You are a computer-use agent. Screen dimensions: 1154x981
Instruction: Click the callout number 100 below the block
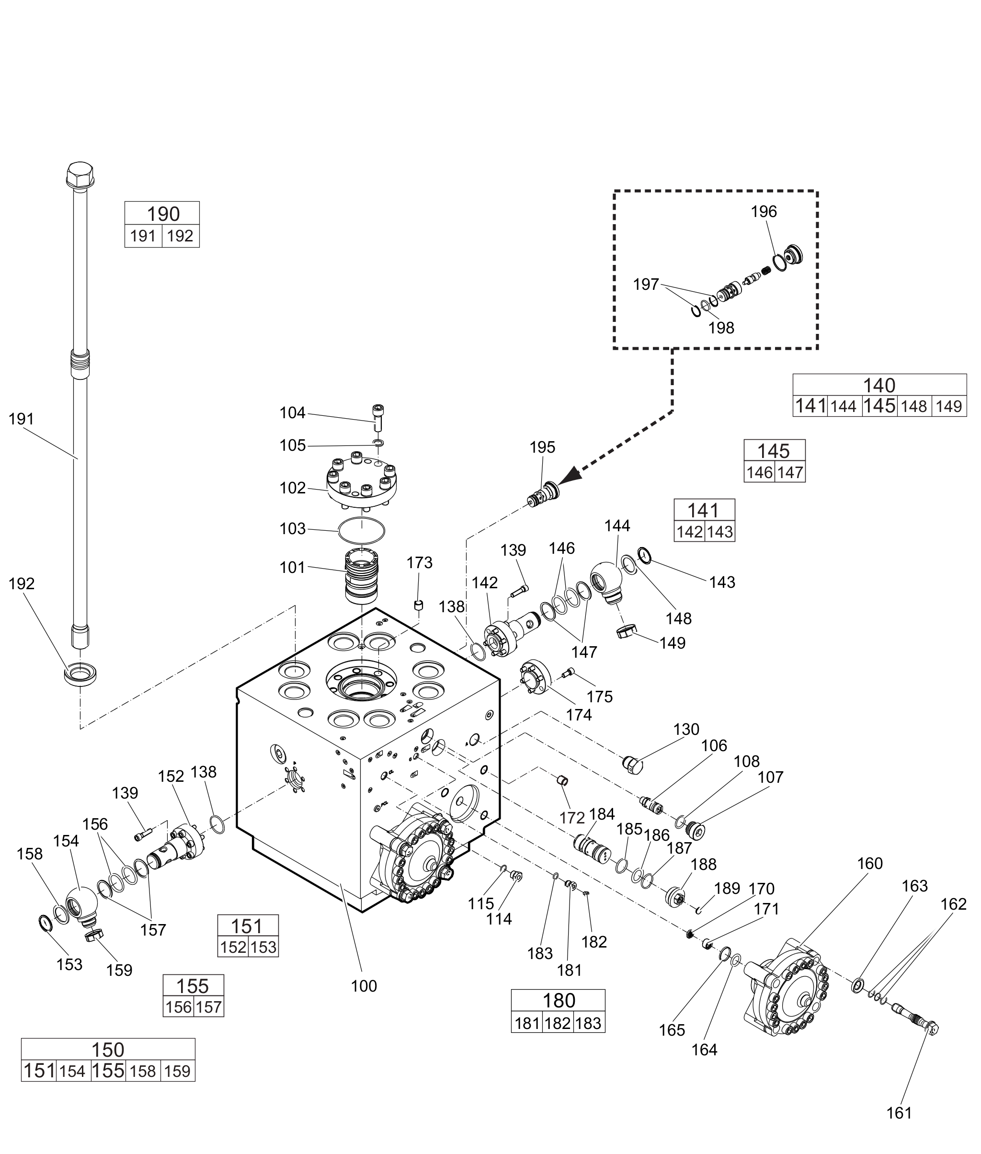(364, 986)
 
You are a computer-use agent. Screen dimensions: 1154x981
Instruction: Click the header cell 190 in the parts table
(162, 214)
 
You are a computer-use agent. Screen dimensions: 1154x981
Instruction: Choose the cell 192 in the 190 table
(180, 236)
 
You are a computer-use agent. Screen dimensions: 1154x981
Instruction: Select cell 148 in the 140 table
(914, 407)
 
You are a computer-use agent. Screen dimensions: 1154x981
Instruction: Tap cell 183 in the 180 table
(588, 1023)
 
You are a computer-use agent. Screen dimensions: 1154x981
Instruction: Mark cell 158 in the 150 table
(142, 1071)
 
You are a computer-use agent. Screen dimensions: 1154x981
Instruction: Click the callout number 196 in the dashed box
(764, 211)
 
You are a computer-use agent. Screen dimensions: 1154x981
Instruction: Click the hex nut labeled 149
(626, 631)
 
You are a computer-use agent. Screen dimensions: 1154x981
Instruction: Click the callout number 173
(419, 563)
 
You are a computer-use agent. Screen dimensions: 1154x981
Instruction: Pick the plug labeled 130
(632, 764)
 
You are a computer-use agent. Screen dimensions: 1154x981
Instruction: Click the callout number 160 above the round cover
(870, 863)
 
